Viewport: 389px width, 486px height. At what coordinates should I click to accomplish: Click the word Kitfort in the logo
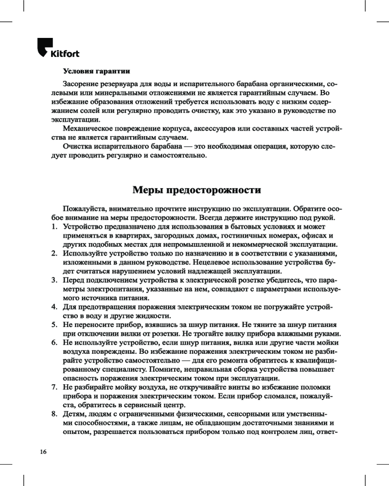(65, 53)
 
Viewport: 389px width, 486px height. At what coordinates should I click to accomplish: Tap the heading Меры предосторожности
(197, 189)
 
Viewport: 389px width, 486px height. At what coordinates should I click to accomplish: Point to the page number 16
(43, 452)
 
